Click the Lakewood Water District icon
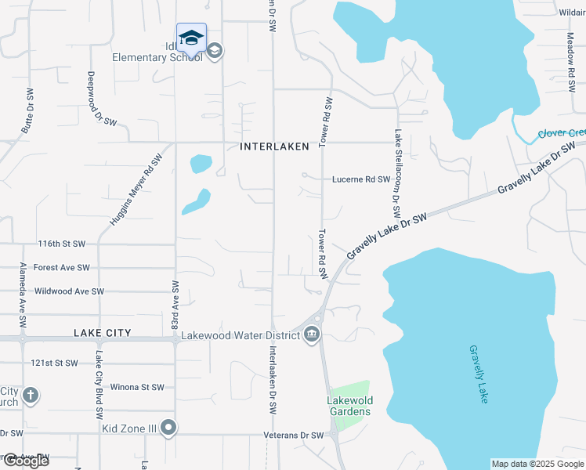coord(312,336)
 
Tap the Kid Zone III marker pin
coord(168,428)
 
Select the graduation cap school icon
coord(191,38)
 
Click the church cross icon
coord(31,395)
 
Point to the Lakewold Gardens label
coord(349,407)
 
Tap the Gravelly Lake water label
coord(479,374)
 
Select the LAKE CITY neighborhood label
coord(102,333)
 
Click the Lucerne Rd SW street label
coord(361,179)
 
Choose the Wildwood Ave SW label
coord(69,291)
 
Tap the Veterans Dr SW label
coord(294,436)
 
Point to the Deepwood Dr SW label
coord(97,98)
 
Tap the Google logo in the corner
coord(26,461)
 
